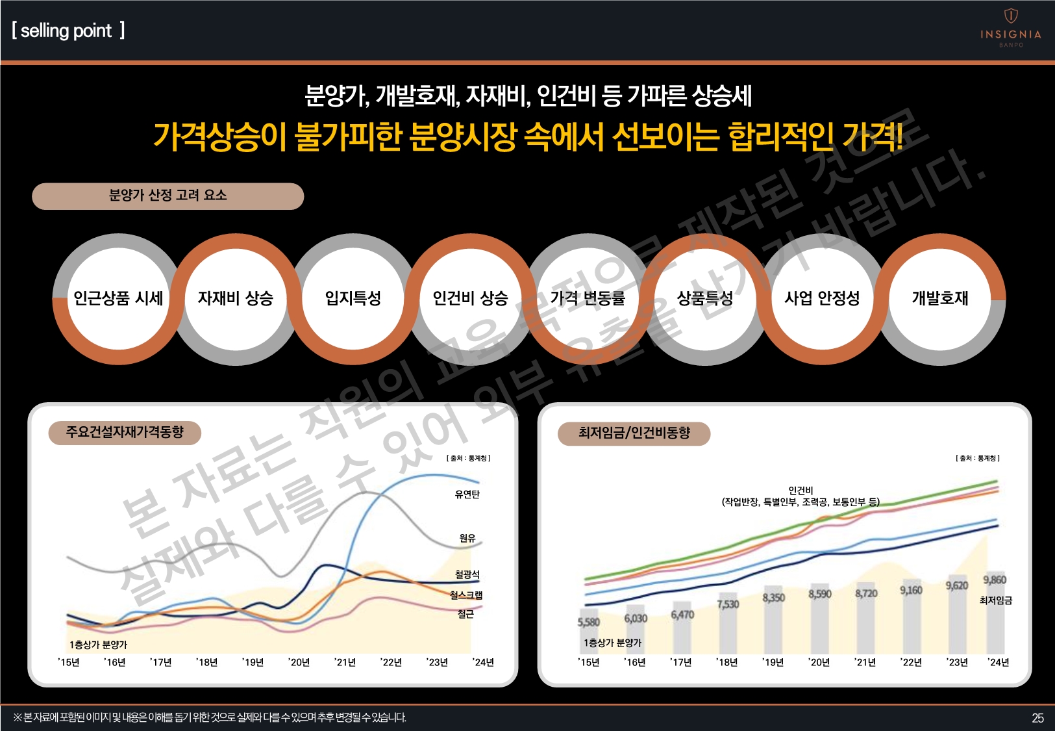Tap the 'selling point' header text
coord(68,31)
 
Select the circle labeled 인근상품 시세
coord(118,298)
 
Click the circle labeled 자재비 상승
coord(236,298)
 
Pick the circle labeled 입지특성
coord(353,298)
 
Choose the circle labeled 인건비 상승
coord(471,298)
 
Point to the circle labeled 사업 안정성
coord(822,298)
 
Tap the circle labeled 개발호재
coord(939,298)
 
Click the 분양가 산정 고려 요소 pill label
coord(168,196)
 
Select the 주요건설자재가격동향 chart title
coord(125,432)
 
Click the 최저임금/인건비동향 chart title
coord(634,433)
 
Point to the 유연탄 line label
coord(467,494)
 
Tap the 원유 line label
coord(467,538)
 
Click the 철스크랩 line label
coord(466,595)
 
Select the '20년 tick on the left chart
coord(299,662)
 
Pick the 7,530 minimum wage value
coord(728,604)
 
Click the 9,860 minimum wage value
coord(994,580)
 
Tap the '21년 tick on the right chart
coord(865,662)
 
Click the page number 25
coord(1037,718)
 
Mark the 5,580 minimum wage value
coord(589,622)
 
